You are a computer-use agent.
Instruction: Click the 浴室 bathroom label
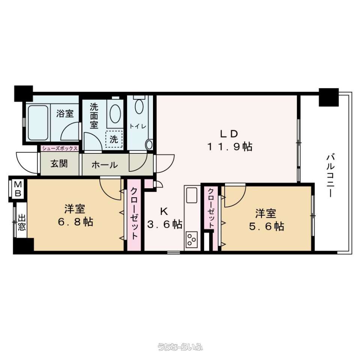coord(65,113)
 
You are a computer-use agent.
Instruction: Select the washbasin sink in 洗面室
coord(115,114)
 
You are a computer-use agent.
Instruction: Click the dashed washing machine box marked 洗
coord(114,139)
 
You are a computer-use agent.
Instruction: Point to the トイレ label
coord(138,126)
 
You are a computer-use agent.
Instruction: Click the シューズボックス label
coord(60,148)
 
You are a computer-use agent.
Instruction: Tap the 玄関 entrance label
coord(59,164)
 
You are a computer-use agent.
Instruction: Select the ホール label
coord(105,165)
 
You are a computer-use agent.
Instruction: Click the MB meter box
coord(18,189)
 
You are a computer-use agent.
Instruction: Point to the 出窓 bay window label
coord(22,222)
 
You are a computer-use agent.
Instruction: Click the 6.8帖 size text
coord(75,222)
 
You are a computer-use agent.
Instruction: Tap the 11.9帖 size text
coord(229,147)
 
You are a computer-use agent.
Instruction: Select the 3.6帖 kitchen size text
coord(165,224)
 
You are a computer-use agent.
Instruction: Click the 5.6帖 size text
coord(267,226)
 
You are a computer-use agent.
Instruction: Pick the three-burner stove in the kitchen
coord(192,240)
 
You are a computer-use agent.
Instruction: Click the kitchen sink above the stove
coord(192,195)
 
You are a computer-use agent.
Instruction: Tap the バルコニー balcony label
coord(330,176)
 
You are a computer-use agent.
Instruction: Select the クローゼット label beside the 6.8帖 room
coord(134,213)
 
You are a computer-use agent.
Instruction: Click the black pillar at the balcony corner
coord(329,97)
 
